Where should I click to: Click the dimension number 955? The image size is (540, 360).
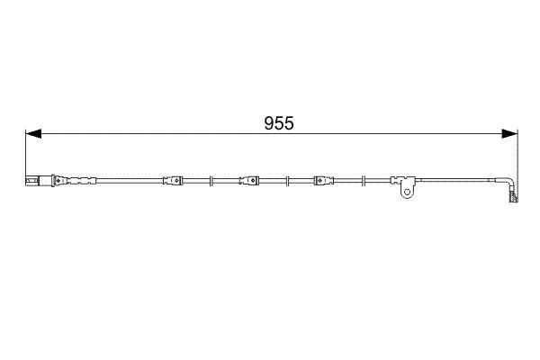(279, 123)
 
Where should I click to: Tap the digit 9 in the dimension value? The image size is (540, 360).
(269, 123)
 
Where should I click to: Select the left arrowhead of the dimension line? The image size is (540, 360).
(33, 134)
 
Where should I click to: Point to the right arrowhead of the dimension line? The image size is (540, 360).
(509, 134)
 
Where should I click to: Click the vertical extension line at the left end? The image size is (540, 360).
(25, 157)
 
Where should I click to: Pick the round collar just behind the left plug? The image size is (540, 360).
(53, 181)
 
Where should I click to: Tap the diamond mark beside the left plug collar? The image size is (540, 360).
(58, 180)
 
